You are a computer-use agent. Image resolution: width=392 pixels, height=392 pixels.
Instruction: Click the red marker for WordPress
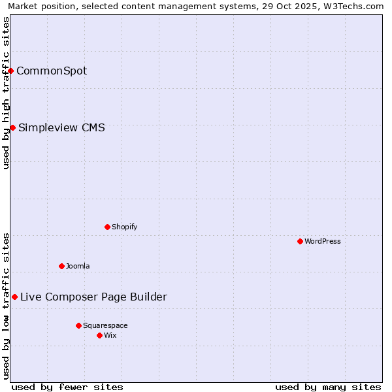(x=300, y=241)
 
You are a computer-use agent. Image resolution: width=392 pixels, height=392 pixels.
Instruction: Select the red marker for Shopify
(x=107, y=227)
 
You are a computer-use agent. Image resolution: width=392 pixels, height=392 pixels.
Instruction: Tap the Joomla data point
(x=61, y=266)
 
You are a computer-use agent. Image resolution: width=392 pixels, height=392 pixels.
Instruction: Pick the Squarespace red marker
(x=78, y=325)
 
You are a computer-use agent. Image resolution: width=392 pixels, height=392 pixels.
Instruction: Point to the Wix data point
(x=99, y=335)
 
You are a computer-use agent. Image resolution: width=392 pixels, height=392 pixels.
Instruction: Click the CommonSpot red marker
(x=11, y=71)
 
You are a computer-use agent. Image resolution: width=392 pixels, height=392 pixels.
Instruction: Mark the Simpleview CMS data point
(x=12, y=127)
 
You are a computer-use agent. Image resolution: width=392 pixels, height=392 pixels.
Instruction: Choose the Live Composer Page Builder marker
(x=14, y=297)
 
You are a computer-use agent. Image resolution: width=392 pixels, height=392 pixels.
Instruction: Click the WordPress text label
(x=323, y=241)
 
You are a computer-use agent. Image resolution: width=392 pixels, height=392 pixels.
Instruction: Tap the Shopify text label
(x=124, y=227)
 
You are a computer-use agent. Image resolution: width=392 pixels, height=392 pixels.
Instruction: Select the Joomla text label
(x=78, y=266)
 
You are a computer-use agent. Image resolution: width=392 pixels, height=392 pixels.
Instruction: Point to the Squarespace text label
(x=105, y=325)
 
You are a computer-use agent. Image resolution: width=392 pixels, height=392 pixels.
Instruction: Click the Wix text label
(x=110, y=335)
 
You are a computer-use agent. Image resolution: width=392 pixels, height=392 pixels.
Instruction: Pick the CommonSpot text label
(x=52, y=71)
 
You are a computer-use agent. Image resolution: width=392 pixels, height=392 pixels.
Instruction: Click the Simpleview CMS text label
(x=61, y=127)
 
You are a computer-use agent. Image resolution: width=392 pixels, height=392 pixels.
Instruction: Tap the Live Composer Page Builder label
(x=93, y=297)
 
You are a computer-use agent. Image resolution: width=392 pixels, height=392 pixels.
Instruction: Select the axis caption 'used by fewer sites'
(x=67, y=387)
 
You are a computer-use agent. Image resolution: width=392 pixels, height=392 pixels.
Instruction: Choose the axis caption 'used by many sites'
(x=328, y=387)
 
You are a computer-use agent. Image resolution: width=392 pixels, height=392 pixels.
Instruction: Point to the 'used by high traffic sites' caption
(x=6, y=93)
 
